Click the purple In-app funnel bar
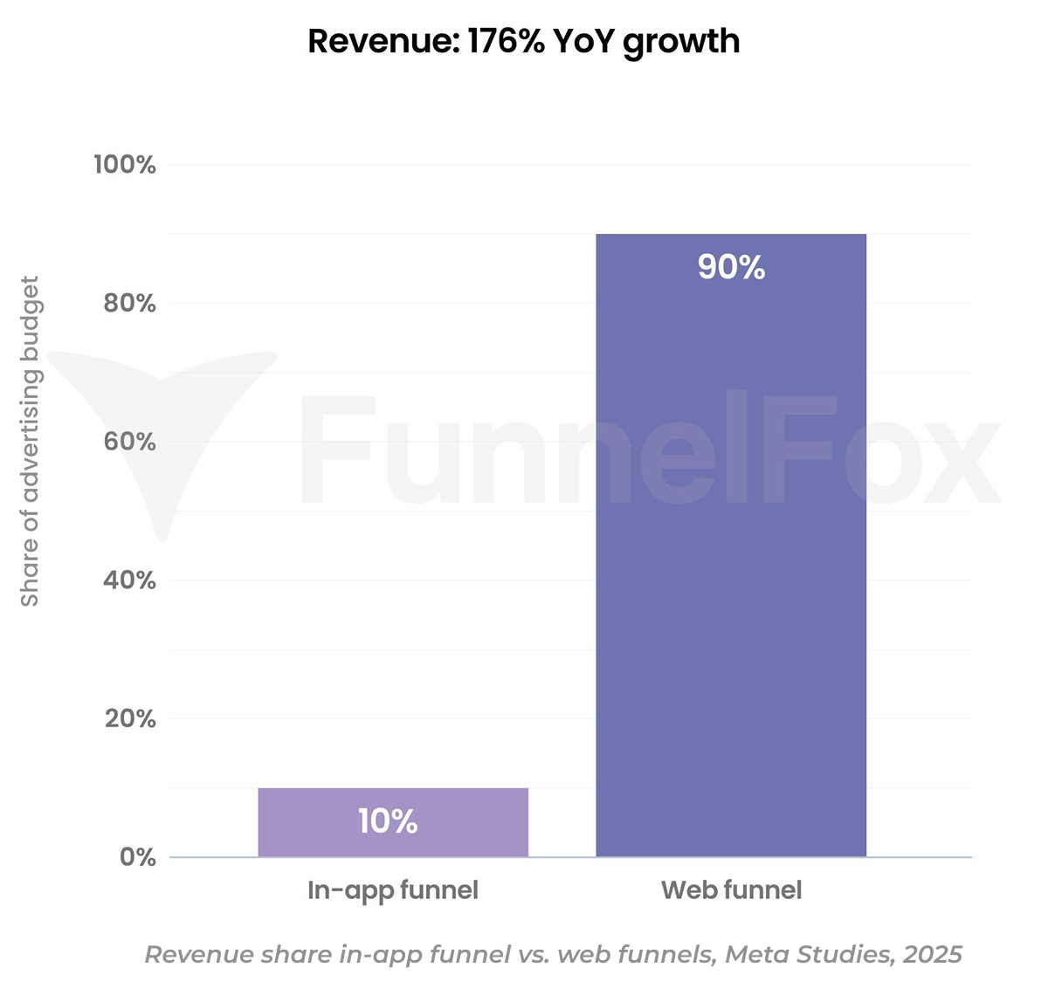click(x=393, y=822)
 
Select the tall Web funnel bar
click(x=731, y=546)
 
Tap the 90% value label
click(x=731, y=267)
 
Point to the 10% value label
click(x=388, y=821)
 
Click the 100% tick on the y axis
click(x=125, y=165)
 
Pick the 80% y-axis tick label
click(x=129, y=304)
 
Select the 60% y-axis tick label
click(x=129, y=442)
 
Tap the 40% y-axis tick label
click(x=129, y=580)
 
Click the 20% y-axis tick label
click(x=129, y=719)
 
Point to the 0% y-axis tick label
click(x=138, y=857)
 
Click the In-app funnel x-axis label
click(x=393, y=890)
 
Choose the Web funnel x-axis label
click(x=731, y=890)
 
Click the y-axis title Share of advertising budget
click(x=31, y=441)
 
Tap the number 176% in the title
click(x=506, y=41)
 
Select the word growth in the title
click(x=680, y=42)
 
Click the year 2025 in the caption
click(x=933, y=955)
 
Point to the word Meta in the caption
click(x=756, y=955)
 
